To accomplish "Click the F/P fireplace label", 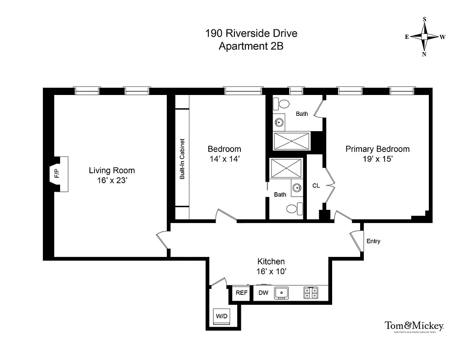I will click(56, 174).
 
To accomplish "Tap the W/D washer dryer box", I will click(221, 316).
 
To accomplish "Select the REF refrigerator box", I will click(242, 293).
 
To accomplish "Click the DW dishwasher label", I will click(263, 293).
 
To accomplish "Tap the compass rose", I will click(424, 37).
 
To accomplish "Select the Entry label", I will click(373, 241).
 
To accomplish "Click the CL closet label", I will click(316, 185).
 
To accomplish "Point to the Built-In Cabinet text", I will click(182, 158).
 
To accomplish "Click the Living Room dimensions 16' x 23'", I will click(112, 180).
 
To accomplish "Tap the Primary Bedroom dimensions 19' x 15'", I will click(377, 159).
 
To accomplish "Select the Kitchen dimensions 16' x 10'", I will click(271, 271).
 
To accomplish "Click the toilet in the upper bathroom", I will click(284, 104).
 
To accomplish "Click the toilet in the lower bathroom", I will click(292, 208).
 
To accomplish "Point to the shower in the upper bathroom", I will click(291, 141).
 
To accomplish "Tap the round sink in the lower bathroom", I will click(296, 189).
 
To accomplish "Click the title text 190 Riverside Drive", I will click(251, 33).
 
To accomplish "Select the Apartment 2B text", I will click(251, 46).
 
